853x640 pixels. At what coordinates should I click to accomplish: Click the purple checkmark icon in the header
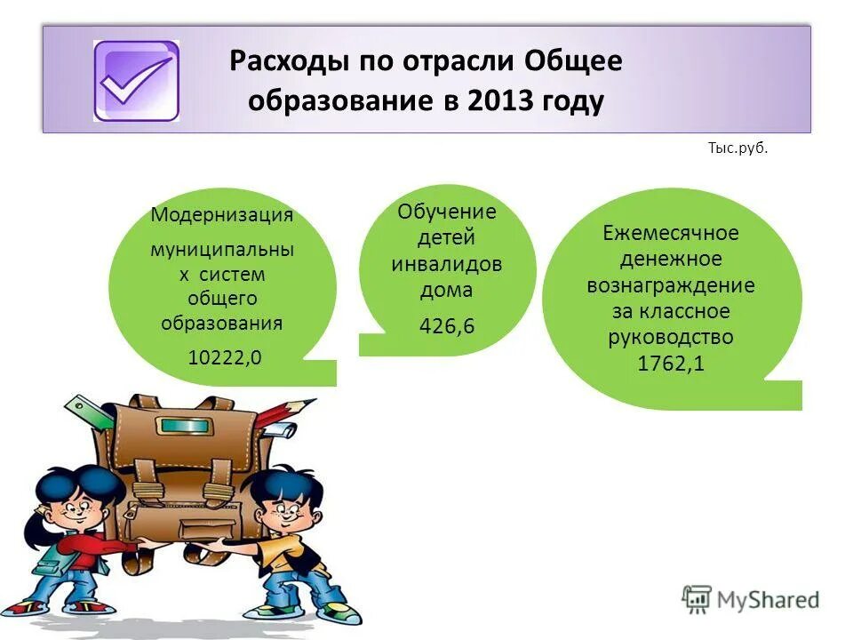pos(136,81)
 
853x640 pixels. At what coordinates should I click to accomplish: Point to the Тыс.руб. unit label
pos(737,148)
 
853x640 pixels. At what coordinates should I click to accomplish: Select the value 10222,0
pos(225,356)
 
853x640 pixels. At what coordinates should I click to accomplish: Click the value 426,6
pos(447,326)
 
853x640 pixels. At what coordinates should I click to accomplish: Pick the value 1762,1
pos(671,364)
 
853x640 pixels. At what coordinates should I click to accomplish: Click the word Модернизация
pos(222,215)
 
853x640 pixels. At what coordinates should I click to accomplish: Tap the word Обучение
pos(447,212)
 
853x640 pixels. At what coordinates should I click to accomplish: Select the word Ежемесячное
pos(671,234)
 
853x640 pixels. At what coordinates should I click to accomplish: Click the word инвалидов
pos(447,264)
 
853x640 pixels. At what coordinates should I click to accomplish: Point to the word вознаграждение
pos(671,286)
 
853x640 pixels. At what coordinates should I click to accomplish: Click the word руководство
pos(671,338)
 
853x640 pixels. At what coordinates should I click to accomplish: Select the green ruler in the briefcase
pos(89,413)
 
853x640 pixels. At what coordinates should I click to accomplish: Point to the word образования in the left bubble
pos(222,323)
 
